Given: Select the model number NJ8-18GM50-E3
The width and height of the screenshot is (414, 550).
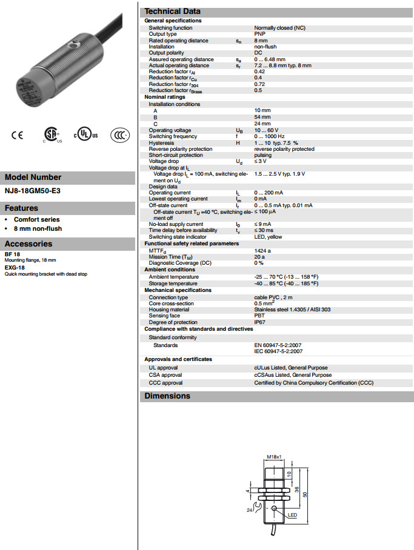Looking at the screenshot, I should (x=33, y=191).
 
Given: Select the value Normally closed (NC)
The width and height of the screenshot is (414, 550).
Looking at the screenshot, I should (x=279, y=28).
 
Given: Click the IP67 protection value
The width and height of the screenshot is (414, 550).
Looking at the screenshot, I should (x=259, y=322).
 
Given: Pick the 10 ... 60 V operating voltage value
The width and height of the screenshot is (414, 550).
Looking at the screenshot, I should (x=267, y=130).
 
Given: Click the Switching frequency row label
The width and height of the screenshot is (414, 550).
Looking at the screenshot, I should (x=173, y=137).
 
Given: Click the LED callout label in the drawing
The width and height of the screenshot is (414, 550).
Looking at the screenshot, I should (x=292, y=515).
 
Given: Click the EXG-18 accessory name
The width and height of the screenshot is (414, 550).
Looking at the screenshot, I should (x=15, y=267).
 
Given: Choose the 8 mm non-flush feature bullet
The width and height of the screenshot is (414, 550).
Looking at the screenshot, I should (x=38, y=228).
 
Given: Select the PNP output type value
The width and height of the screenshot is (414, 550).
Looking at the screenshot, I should (x=259, y=35).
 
